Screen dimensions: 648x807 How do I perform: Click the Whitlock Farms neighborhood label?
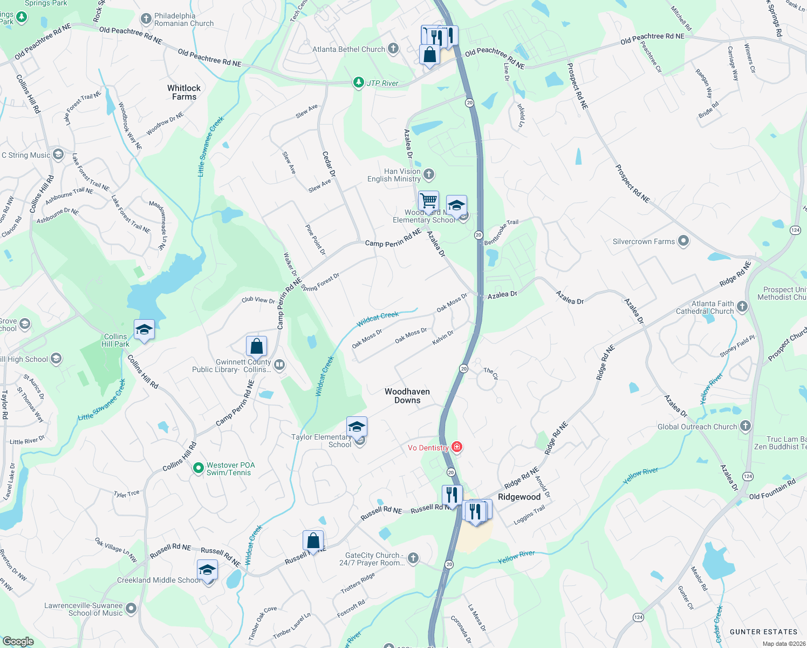click(184, 92)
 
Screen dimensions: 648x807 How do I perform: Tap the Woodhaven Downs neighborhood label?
click(407, 396)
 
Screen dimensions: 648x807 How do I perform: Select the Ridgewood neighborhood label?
click(519, 497)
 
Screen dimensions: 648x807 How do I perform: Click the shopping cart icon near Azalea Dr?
click(429, 201)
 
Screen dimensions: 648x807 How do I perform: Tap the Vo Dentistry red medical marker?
click(457, 447)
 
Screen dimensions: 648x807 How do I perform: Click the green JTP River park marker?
click(358, 83)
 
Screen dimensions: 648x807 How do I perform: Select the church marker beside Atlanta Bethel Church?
click(393, 49)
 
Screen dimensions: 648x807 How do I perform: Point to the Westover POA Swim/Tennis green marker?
click(198, 468)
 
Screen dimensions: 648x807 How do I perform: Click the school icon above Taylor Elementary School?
click(357, 427)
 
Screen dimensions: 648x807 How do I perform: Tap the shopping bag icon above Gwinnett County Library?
click(257, 346)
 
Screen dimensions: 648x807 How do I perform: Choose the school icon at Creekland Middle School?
click(207, 570)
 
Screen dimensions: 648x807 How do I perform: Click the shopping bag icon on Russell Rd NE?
click(313, 540)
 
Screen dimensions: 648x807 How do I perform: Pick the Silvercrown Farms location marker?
click(683, 241)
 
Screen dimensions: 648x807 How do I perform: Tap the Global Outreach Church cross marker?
click(745, 426)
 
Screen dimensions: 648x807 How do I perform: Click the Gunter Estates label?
click(763, 632)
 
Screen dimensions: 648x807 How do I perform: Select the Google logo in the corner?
click(18, 642)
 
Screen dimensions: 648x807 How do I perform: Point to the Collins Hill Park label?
click(115, 340)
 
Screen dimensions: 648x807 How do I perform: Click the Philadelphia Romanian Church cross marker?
click(146, 19)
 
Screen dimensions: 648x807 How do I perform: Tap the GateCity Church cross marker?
click(413, 558)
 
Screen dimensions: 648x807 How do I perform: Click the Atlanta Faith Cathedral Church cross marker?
click(742, 307)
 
